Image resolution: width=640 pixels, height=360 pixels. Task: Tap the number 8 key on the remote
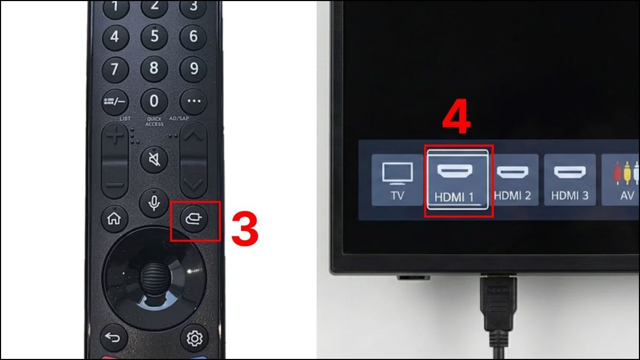click(x=154, y=68)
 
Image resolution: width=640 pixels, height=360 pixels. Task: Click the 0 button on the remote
click(x=154, y=100)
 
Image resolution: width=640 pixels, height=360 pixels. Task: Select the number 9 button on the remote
click(x=193, y=68)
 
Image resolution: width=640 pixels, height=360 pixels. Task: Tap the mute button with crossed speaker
click(x=154, y=159)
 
